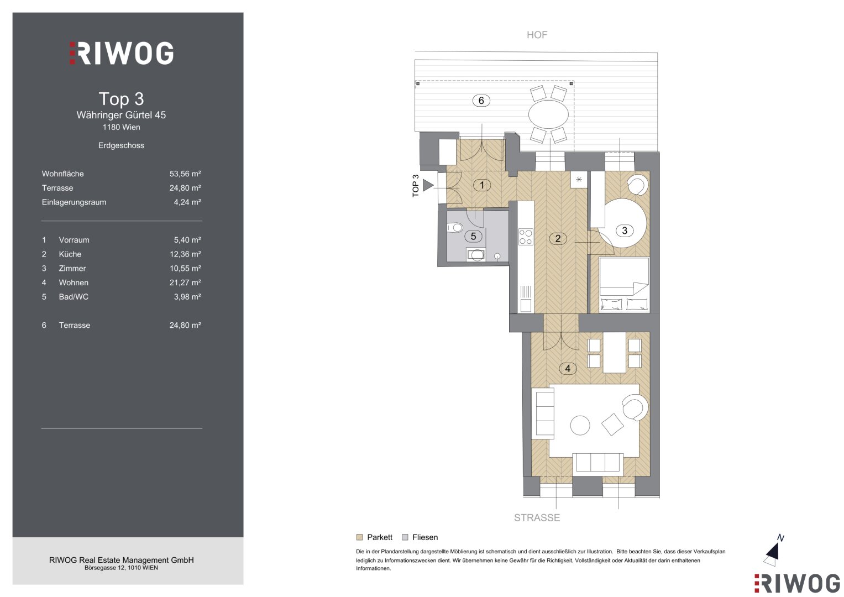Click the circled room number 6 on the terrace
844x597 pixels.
coord(481,101)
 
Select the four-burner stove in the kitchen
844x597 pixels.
coord(526,237)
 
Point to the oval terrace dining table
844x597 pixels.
coord(548,114)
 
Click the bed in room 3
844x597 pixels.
coord(624,285)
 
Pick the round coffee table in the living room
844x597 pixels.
coord(580,426)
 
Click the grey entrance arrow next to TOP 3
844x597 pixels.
coord(428,185)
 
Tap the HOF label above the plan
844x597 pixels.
coord(537,35)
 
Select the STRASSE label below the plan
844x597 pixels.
coord(537,518)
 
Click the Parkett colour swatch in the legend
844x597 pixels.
coord(359,537)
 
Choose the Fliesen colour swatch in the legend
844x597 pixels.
coord(405,537)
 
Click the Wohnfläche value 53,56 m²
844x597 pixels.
coord(185,174)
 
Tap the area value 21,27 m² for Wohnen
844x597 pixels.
coord(185,282)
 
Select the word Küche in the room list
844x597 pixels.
coord(70,254)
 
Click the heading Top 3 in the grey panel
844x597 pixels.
coord(122,99)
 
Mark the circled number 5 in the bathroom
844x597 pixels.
coord(473,237)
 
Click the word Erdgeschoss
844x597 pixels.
coord(122,145)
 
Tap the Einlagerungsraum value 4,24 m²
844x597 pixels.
coord(187,202)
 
